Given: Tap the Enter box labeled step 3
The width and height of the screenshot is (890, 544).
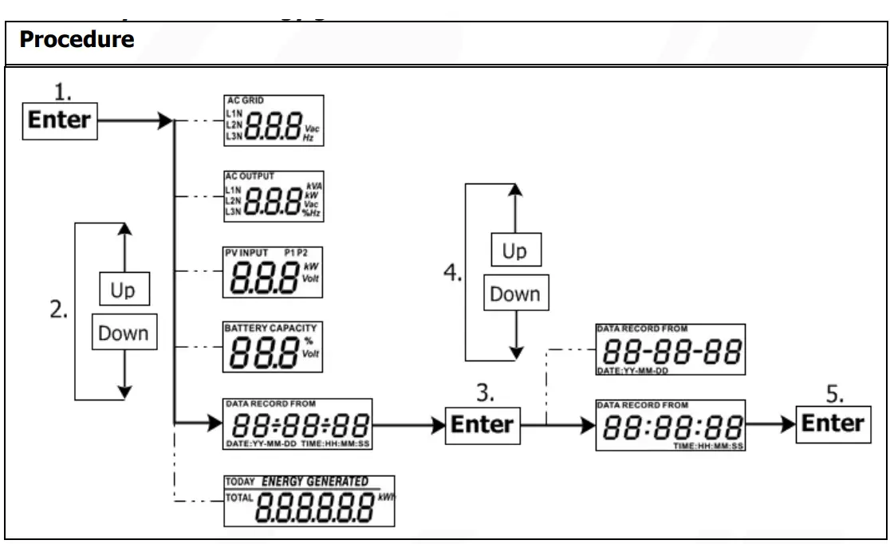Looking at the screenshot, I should click(x=482, y=424).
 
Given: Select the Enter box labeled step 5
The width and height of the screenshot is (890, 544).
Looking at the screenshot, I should click(x=833, y=423).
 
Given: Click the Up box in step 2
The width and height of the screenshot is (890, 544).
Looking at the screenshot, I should click(x=122, y=290).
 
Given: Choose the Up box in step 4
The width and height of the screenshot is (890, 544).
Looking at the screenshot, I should click(x=514, y=252).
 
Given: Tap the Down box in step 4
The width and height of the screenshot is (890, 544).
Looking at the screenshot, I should click(x=514, y=294).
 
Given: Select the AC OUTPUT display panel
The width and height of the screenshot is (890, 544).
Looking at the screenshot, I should click(x=274, y=195).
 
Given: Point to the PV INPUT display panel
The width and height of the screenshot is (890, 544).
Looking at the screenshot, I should click(x=274, y=271).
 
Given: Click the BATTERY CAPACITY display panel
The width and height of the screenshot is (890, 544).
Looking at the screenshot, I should click(x=274, y=347).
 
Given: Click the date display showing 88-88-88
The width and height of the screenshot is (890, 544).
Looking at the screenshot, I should click(x=671, y=349).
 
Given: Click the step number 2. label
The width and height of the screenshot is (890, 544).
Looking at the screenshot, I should click(x=58, y=311).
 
